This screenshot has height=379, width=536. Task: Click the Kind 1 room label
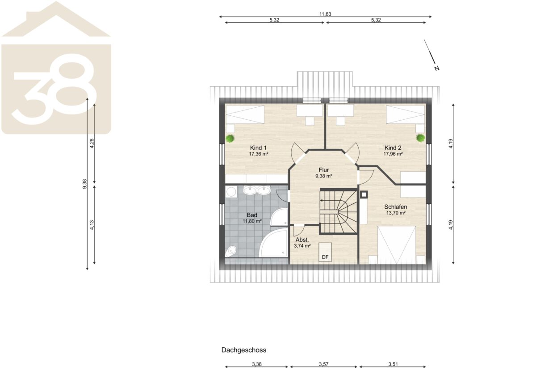pos(258,148)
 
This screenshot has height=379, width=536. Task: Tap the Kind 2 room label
pos(393,148)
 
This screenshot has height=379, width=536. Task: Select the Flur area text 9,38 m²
pos(324,176)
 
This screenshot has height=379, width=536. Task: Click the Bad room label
pos(252,215)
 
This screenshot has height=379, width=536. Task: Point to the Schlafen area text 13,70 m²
pos(396,213)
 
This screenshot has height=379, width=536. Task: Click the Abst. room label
pos(302,240)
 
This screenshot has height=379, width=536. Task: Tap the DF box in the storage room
pos(325,252)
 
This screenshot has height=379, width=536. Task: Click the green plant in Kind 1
pos(230,139)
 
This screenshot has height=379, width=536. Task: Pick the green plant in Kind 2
pos(420,138)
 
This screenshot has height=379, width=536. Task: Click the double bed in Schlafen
pos(397,245)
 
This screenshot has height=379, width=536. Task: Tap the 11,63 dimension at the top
pos(325,14)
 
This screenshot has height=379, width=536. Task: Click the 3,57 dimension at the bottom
pos(323,364)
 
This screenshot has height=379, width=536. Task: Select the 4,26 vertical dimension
pos(92,143)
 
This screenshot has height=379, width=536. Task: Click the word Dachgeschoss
pos(243,350)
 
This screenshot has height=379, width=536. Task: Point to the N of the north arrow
pos(437,68)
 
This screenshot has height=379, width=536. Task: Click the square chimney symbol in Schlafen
pos(364,195)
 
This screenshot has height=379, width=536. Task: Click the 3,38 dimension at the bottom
pos(256,364)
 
